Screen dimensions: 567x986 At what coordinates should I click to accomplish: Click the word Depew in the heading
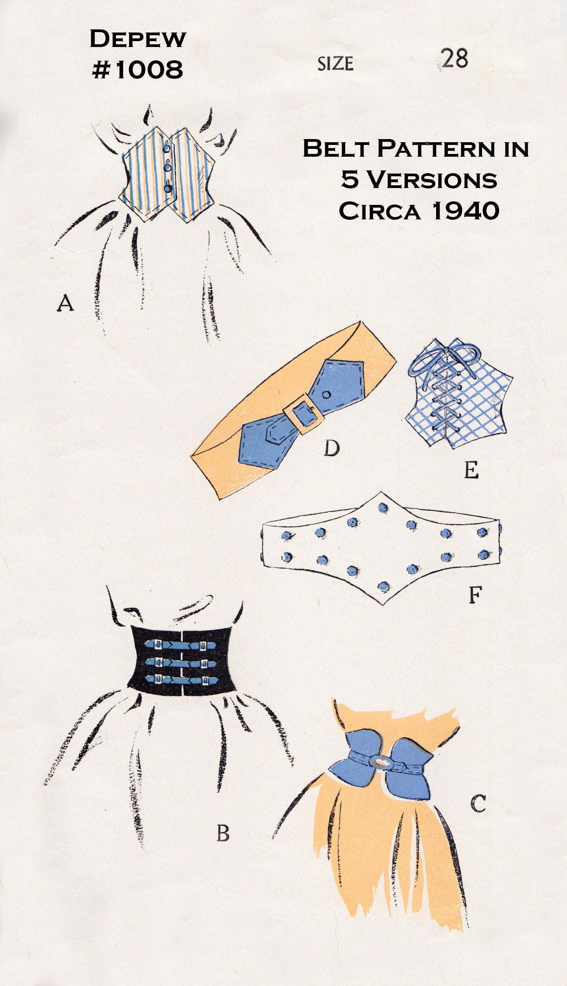(138, 39)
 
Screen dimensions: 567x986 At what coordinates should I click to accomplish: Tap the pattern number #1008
(138, 70)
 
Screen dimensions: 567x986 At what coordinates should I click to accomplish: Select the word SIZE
(335, 63)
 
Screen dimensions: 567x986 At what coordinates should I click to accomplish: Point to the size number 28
(455, 59)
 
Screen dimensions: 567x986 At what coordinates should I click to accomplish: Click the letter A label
(65, 303)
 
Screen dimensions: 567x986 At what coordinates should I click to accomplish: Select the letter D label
(332, 448)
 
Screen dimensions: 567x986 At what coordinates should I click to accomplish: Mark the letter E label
(471, 470)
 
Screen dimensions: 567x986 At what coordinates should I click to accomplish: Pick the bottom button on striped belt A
(168, 188)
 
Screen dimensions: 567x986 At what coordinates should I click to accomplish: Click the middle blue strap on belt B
(181, 661)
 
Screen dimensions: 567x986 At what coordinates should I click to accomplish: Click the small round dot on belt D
(326, 395)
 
